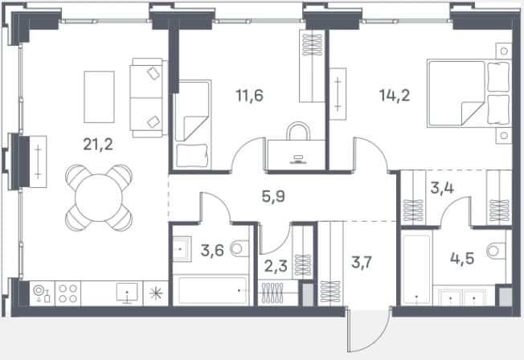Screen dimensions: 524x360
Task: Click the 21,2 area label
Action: point(98,145)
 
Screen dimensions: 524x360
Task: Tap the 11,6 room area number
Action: point(249,96)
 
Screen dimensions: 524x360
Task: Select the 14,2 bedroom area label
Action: point(395,96)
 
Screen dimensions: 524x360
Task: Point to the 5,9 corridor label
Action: point(273,196)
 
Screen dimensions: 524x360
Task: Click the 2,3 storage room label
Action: point(276,267)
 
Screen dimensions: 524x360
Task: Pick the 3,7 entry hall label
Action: point(362,263)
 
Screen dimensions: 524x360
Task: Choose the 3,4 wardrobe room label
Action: point(442,188)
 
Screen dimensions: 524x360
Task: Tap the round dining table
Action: point(99,198)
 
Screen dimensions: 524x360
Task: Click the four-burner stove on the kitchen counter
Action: point(68,293)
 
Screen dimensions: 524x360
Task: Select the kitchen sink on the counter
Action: point(127,293)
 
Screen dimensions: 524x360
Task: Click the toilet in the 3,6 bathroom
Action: point(240,248)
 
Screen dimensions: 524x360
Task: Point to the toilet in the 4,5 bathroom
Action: point(497,251)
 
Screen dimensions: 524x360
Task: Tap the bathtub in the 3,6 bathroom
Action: point(213,290)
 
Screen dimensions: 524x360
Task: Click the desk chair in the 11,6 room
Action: point(298,131)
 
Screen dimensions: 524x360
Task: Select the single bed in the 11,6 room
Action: point(193,124)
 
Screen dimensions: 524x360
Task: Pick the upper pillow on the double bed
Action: point(498,77)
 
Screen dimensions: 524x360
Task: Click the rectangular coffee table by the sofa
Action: point(99,96)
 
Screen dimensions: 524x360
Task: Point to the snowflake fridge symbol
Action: point(156,293)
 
